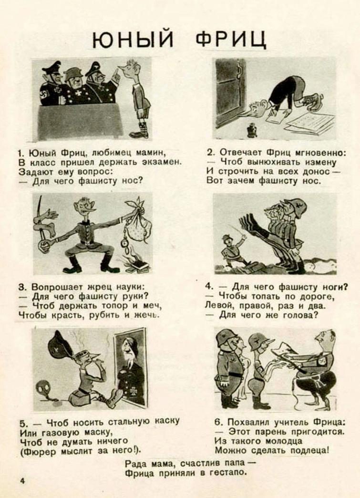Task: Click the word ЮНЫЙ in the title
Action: click(133, 39)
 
